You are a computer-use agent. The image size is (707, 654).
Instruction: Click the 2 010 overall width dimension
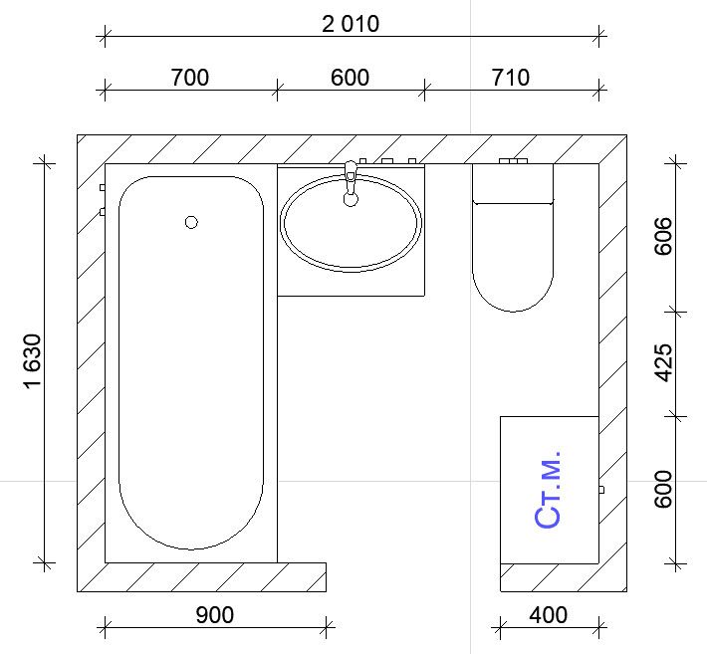(x=351, y=24)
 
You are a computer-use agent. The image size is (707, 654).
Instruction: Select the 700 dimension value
(x=190, y=78)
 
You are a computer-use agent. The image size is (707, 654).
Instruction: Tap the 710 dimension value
(x=511, y=78)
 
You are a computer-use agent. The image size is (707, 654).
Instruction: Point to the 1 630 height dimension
(x=33, y=360)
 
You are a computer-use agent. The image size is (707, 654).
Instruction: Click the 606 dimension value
(x=663, y=236)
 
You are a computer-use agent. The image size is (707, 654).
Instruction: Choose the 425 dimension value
(x=663, y=362)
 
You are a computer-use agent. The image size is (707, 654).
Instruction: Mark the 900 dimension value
(x=215, y=615)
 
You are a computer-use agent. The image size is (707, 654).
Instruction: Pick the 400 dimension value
(x=548, y=615)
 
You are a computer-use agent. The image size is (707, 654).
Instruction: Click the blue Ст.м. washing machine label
(x=548, y=490)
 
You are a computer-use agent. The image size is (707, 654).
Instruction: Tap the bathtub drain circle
(x=191, y=222)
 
